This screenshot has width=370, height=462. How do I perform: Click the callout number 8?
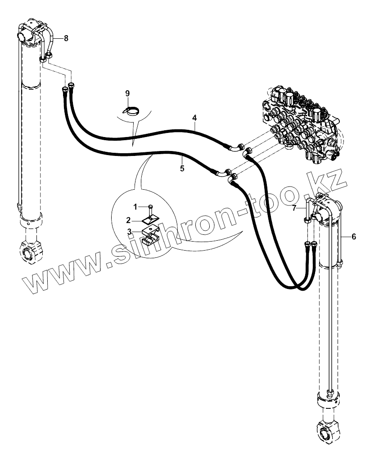point(66,38)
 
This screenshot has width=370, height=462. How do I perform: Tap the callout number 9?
point(127,93)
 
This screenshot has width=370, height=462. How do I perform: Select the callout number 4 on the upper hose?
point(194,118)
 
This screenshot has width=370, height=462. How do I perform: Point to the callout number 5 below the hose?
point(182,169)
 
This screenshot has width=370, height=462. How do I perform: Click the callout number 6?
point(353,236)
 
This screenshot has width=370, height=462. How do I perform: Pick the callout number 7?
point(294,208)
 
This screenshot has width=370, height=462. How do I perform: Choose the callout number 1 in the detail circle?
point(135,206)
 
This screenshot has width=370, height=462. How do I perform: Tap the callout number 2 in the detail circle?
point(128,220)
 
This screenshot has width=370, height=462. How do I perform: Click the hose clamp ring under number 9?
point(132,110)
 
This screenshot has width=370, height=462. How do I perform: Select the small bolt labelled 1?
point(151,207)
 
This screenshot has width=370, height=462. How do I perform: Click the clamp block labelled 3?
point(150,235)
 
